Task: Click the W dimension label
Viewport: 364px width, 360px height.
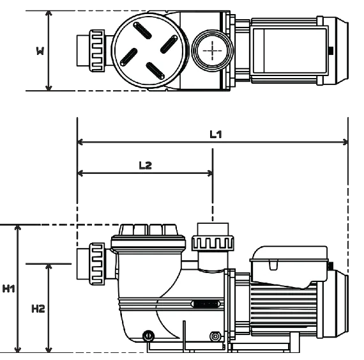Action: tap(40, 51)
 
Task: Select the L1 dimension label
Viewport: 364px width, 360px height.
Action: tap(216, 134)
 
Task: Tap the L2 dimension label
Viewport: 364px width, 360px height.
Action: tap(146, 165)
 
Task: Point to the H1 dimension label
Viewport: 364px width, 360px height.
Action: tap(8, 288)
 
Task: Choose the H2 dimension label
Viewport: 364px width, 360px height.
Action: tap(38, 309)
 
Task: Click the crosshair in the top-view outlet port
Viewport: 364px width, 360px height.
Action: tap(213, 51)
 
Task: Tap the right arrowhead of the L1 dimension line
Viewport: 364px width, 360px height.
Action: tap(345, 142)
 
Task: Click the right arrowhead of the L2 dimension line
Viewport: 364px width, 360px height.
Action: tap(210, 173)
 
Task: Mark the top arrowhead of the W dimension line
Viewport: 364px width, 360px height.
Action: tap(49, 13)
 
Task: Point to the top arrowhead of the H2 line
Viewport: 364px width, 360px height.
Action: tap(49, 267)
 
